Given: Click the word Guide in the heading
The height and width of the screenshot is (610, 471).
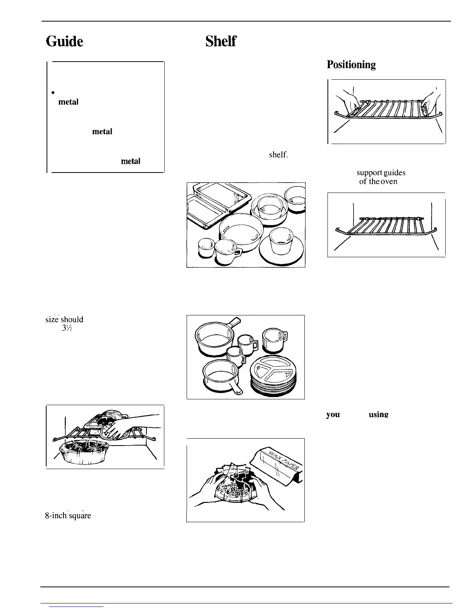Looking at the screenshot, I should click(64, 41).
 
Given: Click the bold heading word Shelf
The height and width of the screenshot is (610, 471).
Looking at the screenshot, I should click(220, 41).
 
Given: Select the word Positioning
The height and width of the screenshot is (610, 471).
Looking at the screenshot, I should click(351, 64).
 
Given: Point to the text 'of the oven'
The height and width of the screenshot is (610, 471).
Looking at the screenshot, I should click(378, 181).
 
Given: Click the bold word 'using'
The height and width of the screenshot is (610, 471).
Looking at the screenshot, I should click(378, 414).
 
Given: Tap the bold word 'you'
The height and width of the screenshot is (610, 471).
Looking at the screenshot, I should click(333, 414).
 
